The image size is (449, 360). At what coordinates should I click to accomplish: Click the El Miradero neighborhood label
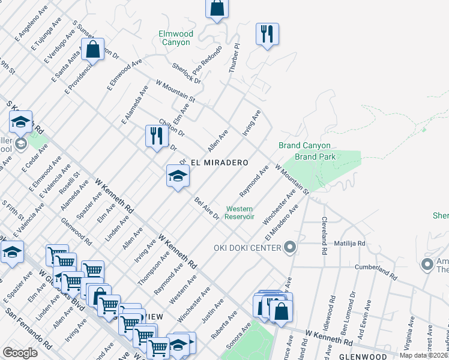(219, 163)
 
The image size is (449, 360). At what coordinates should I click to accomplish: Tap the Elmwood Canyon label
(175, 38)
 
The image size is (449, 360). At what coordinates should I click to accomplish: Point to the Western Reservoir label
(240, 213)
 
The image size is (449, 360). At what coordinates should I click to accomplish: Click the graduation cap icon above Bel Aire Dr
(178, 176)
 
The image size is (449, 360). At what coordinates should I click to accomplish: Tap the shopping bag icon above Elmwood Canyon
(217, 9)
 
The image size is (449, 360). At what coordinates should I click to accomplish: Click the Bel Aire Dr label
(206, 208)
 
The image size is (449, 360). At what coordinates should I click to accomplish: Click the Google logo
(20, 352)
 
